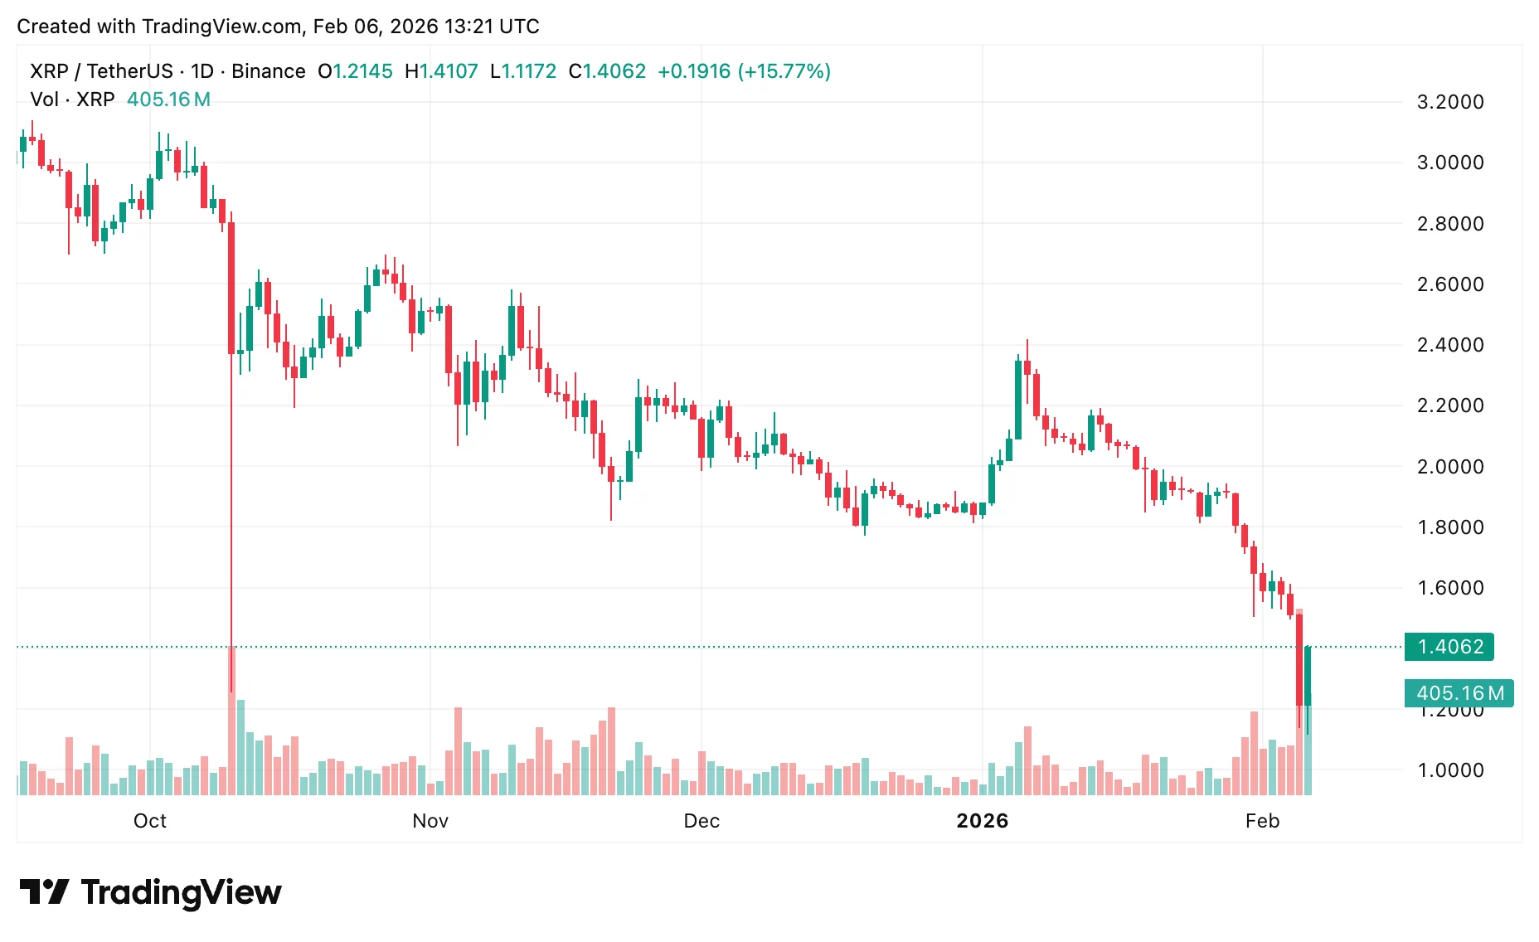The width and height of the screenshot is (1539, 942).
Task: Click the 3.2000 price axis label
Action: coord(1449,102)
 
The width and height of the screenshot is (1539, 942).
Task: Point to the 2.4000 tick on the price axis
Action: coord(1449,345)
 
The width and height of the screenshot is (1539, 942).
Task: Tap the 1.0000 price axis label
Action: coord(1449,770)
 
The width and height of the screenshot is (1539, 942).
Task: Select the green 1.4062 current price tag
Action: coord(1449,647)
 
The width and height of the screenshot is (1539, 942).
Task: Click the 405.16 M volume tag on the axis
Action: coord(1459,693)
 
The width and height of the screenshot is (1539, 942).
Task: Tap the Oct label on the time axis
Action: coord(150,821)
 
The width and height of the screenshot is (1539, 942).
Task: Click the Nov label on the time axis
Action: coord(430,821)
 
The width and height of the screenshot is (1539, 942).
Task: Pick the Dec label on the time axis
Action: coord(702,821)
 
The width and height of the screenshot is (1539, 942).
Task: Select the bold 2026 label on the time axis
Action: coord(983,821)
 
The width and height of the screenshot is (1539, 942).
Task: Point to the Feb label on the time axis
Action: coord(1262,821)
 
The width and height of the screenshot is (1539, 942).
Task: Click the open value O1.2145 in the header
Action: coord(355,71)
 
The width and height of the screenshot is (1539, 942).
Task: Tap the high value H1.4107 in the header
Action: coord(441,71)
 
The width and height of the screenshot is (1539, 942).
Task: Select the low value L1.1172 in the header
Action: coord(523,71)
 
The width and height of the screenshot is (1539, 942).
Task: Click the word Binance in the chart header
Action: coord(268,71)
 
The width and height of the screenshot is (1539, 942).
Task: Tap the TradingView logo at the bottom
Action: coord(150,892)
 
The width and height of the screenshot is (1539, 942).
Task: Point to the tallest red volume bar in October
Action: coord(231,721)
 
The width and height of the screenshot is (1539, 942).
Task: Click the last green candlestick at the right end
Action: coord(1308,676)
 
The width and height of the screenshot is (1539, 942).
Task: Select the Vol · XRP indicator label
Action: coord(72,100)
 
